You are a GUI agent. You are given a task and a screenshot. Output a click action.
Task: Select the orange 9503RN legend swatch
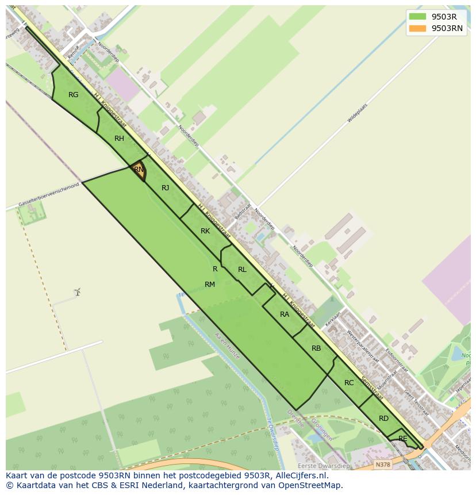(418, 29)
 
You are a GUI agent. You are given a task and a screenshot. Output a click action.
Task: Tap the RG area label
(73, 95)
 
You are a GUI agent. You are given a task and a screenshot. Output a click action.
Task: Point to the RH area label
(119, 139)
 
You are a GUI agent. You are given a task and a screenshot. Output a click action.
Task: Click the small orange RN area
(139, 170)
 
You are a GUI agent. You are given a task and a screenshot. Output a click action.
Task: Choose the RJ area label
(165, 188)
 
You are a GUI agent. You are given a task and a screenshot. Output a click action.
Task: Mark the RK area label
(205, 231)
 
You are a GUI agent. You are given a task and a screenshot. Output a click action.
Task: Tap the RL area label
(242, 270)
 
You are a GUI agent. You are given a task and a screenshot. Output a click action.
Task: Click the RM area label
(209, 285)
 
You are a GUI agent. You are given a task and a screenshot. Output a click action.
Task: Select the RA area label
(285, 314)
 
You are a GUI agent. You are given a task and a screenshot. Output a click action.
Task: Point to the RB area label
(316, 348)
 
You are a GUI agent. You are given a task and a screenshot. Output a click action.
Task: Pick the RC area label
(349, 383)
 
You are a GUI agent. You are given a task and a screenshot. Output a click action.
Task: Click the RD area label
(383, 419)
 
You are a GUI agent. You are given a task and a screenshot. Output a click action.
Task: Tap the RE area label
(402, 439)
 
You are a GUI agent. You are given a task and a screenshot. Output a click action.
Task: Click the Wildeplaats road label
(357, 113)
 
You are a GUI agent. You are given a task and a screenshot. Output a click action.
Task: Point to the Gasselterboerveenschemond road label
(48, 196)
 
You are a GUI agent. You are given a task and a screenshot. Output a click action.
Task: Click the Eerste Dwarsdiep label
(323, 466)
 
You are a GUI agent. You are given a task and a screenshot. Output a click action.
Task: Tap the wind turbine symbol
(77, 292)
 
